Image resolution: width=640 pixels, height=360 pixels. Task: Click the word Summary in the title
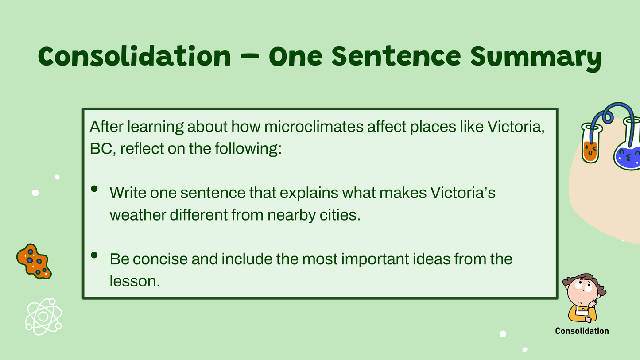coord(536,58)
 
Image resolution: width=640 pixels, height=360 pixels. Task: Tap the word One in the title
coord(295,57)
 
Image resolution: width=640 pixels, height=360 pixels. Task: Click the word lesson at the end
coord(135,281)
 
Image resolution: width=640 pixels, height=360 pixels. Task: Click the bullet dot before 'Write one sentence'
coord(94,189)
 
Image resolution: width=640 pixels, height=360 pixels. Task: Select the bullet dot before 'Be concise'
coord(94,255)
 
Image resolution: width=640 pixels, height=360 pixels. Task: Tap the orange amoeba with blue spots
coord(34,261)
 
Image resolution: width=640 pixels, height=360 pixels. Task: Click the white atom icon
coord(43,317)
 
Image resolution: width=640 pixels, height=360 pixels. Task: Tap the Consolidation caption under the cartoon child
coord(582,331)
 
